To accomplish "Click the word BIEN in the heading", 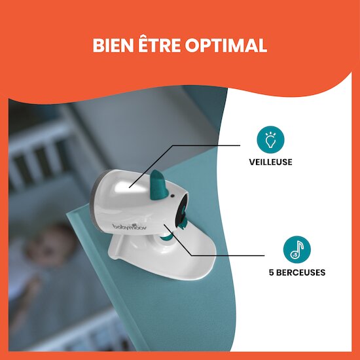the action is click(113, 45).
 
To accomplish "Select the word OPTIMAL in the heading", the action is click(226, 45).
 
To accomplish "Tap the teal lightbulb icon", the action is click(270, 139).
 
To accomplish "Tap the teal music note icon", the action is click(297, 249).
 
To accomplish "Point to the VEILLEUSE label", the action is click(271, 162).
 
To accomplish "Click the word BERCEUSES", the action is click(300, 272).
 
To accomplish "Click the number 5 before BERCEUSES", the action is click(272, 272).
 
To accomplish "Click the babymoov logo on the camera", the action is click(130, 226).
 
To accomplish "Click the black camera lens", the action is click(182, 211).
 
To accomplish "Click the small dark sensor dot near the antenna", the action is click(172, 196).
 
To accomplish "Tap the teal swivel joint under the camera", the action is click(168, 237).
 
